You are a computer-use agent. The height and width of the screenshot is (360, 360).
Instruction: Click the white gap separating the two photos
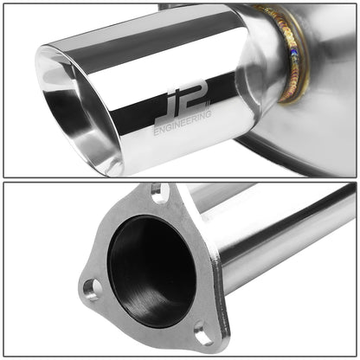(180, 179)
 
